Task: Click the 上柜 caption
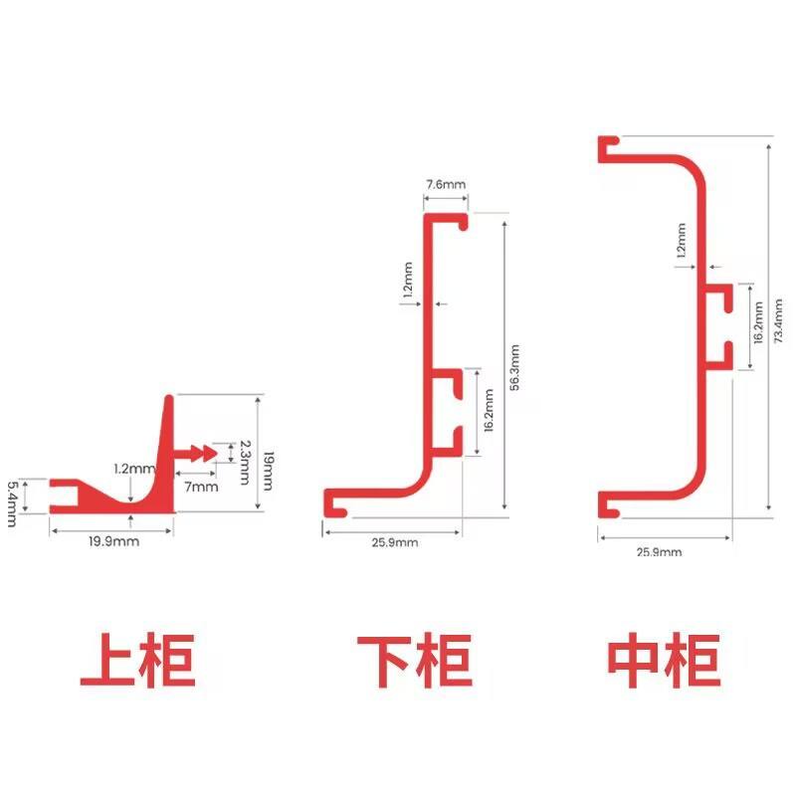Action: [x=137, y=660]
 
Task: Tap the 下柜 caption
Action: [x=415, y=661]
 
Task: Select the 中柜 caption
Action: [x=664, y=660]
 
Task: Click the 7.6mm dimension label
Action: [x=446, y=184]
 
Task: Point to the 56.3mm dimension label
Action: [x=514, y=367]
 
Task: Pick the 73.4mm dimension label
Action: [x=778, y=320]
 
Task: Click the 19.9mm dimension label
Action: [x=113, y=541]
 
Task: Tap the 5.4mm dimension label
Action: [x=12, y=504]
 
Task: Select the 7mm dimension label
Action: [x=201, y=487]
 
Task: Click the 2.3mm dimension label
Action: [x=245, y=462]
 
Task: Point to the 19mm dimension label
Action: [x=269, y=471]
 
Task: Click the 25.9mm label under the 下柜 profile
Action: [x=395, y=542]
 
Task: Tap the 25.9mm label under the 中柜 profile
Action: [x=659, y=552]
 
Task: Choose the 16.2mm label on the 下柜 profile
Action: [x=489, y=410]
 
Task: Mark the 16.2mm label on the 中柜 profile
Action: [x=758, y=322]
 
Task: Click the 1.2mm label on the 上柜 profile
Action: [x=134, y=469]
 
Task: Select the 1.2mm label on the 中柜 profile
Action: [x=682, y=240]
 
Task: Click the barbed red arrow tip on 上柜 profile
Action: [x=196, y=453]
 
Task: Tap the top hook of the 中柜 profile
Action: [x=609, y=149]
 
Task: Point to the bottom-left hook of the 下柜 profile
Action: [x=335, y=503]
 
